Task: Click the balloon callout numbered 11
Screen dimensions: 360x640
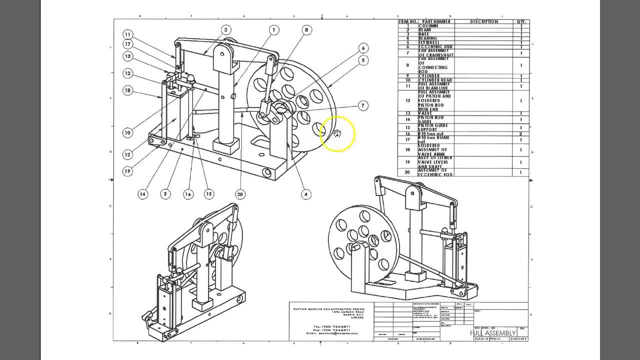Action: click(128, 34)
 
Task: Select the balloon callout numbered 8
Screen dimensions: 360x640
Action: click(306, 30)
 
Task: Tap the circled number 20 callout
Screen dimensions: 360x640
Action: click(240, 194)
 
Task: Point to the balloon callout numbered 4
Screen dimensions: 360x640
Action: click(306, 194)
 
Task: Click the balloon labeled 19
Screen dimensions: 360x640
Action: click(128, 171)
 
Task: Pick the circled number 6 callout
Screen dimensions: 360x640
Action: click(363, 48)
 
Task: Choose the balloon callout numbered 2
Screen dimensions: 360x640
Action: click(225, 30)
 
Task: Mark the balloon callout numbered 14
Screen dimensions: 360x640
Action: click(143, 194)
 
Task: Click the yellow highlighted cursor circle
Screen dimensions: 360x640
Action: click(337, 133)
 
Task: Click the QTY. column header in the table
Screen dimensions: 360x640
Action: click(521, 22)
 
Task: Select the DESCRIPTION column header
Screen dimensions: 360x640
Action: click(484, 22)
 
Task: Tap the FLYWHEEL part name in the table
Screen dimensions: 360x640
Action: click(429, 42)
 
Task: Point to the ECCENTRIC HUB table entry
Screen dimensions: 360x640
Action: click(432, 46)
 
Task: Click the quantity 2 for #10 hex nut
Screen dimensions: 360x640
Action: click(521, 134)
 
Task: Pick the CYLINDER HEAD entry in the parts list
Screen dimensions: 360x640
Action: click(435, 80)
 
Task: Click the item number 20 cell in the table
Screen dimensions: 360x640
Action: click(407, 172)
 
